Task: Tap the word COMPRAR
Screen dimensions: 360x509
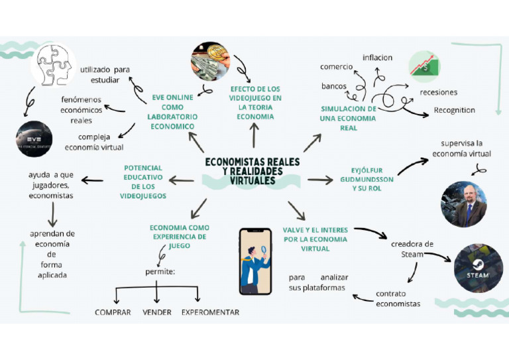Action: [x=113, y=312]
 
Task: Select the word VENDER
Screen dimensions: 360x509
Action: [x=156, y=312]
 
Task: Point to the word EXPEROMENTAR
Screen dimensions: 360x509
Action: [x=210, y=312]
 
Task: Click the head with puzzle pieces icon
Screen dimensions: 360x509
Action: [x=56, y=65]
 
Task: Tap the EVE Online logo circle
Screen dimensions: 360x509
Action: [x=34, y=139]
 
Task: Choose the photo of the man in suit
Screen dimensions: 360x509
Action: [x=464, y=204]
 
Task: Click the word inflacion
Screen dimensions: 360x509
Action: [x=377, y=58]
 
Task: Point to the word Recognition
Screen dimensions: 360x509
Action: [x=454, y=110]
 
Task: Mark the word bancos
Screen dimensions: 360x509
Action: [x=334, y=86]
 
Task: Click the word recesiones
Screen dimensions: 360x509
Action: [x=438, y=92]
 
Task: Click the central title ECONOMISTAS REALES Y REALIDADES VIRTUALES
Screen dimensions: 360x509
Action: [x=252, y=170]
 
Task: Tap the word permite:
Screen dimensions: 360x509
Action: [x=160, y=271]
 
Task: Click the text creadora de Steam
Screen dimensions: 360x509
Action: [x=412, y=249]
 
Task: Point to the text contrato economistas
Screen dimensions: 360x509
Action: [x=398, y=298]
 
